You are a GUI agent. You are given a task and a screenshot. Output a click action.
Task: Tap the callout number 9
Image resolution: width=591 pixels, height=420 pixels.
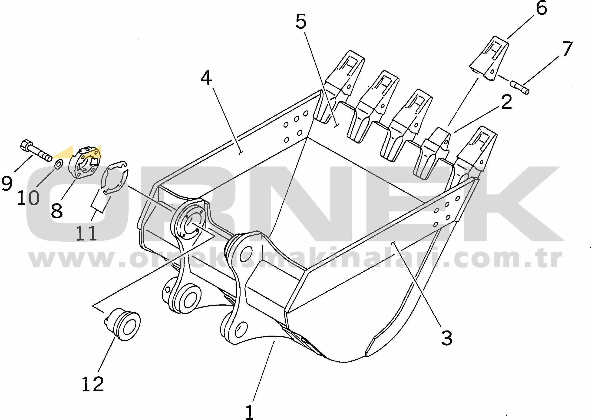pyautogui.click(x=7, y=183)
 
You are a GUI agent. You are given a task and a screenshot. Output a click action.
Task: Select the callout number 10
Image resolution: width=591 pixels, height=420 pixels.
pyautogui.click(x=28, y=198)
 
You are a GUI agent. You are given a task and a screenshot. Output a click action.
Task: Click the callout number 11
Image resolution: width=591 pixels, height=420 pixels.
pyautogui.click(x=86, y=233)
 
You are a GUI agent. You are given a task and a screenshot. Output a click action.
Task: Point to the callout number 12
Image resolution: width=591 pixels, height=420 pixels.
pyautogui.click(x=93, y=384)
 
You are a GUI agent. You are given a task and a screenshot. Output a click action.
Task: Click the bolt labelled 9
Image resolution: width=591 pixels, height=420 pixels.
pyautogui.click(x=36, y=150)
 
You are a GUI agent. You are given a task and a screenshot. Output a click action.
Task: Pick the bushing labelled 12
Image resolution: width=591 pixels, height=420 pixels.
pyautogui.click(x=123, y=325)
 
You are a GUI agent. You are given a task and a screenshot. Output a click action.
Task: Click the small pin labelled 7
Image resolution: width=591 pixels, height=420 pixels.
pyautogui.click(x=520, y=88)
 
